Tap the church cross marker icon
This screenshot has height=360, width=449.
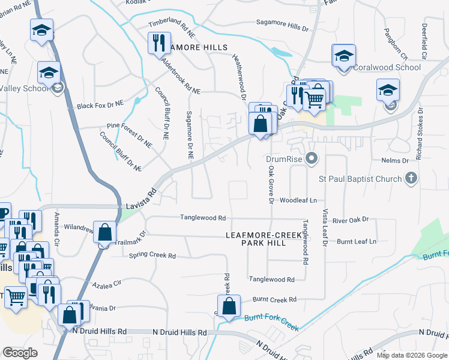(x=411, y=178)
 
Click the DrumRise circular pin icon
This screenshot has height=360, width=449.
(x=311, y=159)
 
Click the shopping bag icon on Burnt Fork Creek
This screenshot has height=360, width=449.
(x=229, y=306)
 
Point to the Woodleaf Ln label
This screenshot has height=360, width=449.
(x=298, y=200)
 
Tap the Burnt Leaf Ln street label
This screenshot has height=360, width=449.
(x=356, y=241)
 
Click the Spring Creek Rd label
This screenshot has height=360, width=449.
(x=152, y=256)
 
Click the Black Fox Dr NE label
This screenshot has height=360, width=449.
(x=99, y=106)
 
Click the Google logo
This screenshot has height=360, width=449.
(x=20, y=353)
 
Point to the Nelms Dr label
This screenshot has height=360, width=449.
(x=395, y=161)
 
